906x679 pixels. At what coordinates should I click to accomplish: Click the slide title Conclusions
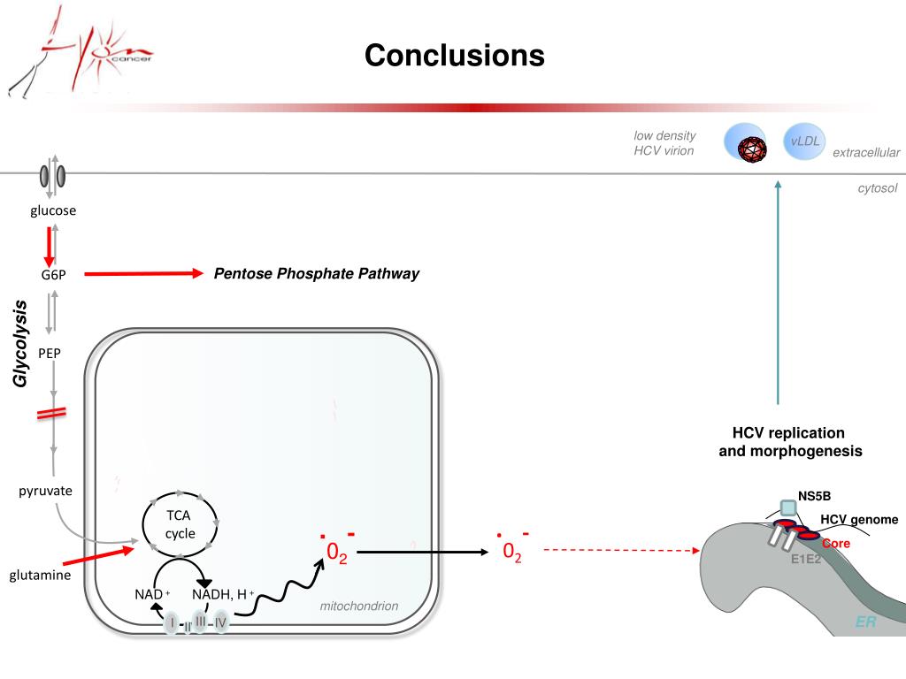coord(455,56)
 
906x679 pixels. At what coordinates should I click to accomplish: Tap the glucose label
coord(53,210)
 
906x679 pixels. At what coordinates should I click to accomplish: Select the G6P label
coord(53,275)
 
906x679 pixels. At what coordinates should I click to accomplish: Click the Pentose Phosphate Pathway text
coord(316,274)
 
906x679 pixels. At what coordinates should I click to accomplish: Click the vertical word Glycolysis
coord(20,343)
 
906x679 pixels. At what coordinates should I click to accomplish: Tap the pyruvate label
coord(45,491)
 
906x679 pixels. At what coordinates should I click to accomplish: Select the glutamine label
coord(40,576)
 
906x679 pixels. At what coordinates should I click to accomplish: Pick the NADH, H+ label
coord(223,593)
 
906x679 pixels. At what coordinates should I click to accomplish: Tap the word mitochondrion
coord(358,606)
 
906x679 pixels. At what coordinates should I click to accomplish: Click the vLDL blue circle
coord(804,142)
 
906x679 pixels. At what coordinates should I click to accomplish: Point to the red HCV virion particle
coord(753,150)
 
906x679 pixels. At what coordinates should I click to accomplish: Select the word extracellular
coord(865,153)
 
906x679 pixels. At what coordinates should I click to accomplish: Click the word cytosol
coord(877,188)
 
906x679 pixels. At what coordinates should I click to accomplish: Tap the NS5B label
coord(814,496)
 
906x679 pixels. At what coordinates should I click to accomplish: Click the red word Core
coord(835,543)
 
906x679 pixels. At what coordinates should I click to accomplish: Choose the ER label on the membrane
coord(865,622)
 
